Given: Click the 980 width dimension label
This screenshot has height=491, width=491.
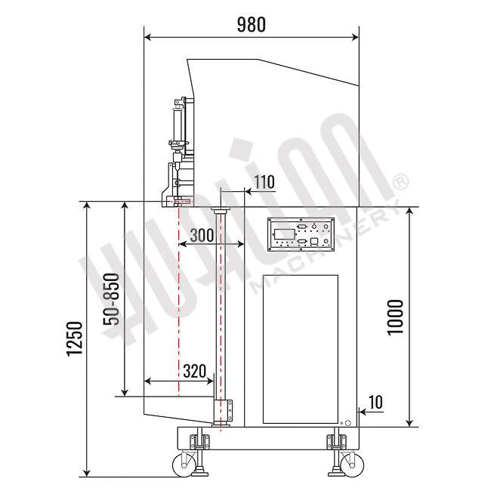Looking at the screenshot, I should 252,24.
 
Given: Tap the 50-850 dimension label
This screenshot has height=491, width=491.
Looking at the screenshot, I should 111,299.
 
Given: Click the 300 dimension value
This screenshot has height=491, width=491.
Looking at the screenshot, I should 202,235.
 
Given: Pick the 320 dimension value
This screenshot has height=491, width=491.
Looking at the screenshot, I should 195,371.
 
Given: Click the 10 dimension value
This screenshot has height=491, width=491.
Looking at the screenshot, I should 375,402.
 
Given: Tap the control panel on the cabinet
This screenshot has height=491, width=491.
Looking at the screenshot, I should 300,234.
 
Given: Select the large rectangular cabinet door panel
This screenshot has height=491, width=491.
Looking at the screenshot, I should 300,348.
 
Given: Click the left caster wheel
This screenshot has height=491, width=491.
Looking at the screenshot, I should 184,464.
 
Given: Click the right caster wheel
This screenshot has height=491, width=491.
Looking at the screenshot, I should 350,464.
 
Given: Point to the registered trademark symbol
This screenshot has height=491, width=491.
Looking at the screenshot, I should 401,182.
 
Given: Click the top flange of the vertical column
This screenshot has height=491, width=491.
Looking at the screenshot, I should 221,212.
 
